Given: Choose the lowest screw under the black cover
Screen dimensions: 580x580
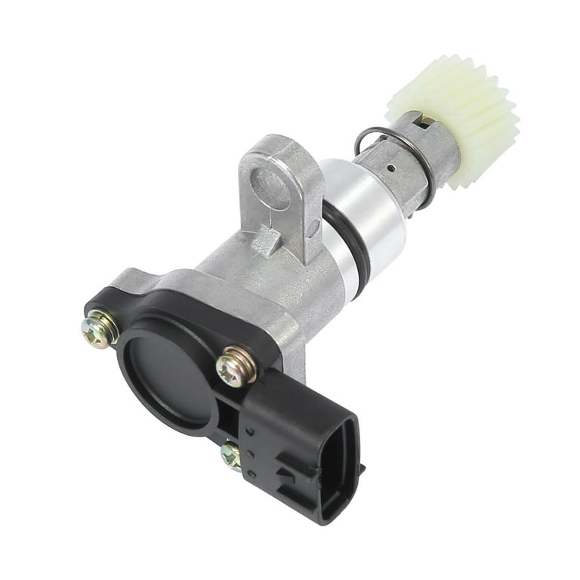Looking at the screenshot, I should coord(232,456).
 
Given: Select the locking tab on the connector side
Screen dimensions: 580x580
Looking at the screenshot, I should coord(291,473).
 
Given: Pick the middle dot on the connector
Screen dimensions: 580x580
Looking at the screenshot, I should coord(251,453).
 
